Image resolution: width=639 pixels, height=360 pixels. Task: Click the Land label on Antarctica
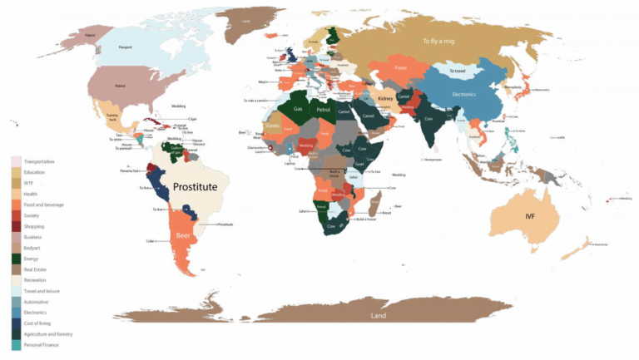(379, 316)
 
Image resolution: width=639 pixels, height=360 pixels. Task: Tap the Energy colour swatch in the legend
(16, 259)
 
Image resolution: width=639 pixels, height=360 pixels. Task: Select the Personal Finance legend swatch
(16, 345)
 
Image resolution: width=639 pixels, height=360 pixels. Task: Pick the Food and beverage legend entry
(43, 204)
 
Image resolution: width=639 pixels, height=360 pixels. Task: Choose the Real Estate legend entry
(36, 269)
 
